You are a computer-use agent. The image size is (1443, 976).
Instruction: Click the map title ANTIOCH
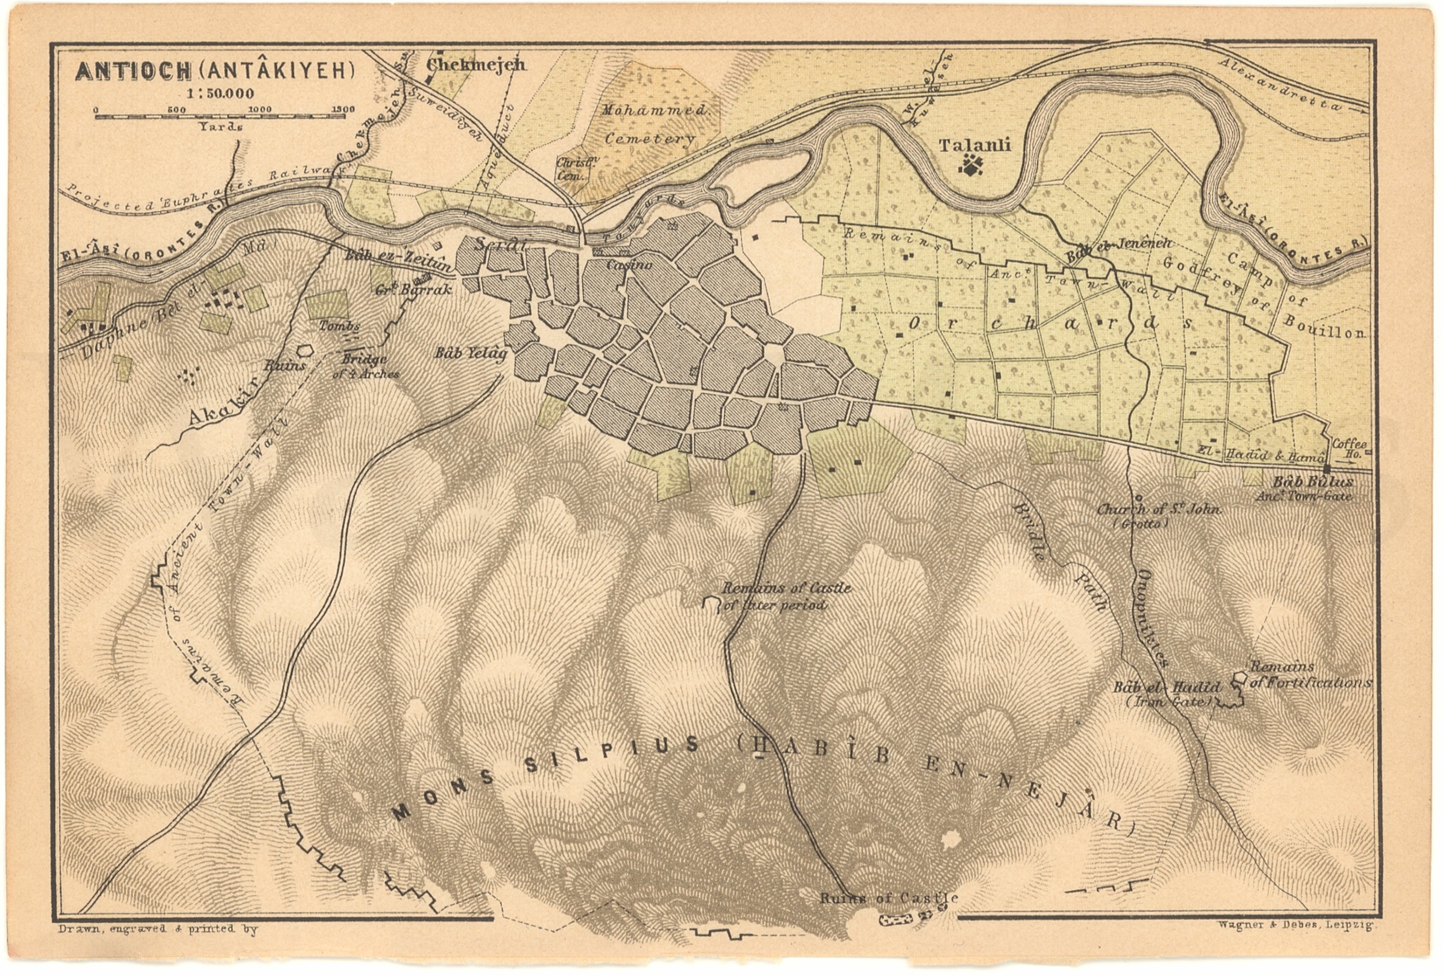(x=134, y=71)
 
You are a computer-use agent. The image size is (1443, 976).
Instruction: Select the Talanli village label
(x=974, y=146)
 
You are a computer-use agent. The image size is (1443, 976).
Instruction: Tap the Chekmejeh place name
(x=476, y=65)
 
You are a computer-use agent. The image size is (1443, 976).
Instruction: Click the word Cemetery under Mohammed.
(x=649, y=139)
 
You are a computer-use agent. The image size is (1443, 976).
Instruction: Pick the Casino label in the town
(x=630, y=265)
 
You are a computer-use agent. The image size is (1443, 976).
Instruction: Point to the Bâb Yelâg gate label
(x=471, y=353)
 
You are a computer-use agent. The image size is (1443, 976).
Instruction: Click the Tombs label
(x=339, y=325)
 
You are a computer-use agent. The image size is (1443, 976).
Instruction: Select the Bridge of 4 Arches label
(x=366, y=366)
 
